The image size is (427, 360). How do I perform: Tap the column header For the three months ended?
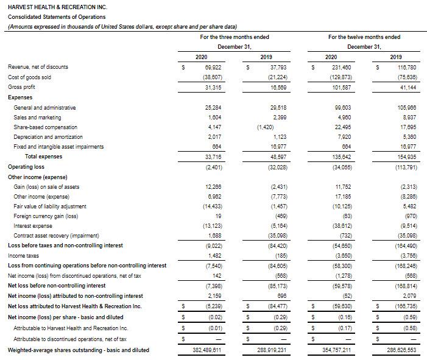(x=235, y=37)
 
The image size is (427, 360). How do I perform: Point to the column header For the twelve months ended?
(x=364, y=37)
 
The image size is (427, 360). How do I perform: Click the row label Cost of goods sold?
(x=29, y=77)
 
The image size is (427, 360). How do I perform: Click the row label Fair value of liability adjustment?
(x=51, y=206)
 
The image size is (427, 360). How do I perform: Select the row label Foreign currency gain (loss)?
(x=46, y=216)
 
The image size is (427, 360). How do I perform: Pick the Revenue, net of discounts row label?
(x=38, y=67)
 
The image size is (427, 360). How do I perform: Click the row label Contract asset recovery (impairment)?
(x=57, y=235)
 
